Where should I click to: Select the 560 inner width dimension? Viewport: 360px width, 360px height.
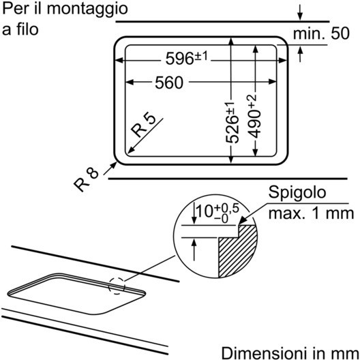coord(169,82)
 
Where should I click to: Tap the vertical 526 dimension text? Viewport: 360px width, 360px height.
coord(232,123)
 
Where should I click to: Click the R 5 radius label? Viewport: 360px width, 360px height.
coord(143,125)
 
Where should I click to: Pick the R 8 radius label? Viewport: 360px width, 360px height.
coord(86,180)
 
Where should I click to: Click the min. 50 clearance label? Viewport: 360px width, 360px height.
coord(321,33)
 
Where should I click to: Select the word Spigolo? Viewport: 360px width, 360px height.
coord(297,192)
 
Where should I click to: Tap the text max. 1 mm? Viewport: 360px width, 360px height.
coord(311,213)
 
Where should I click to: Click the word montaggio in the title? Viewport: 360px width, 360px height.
coord(87,10)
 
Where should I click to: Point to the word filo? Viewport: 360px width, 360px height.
coord(27,29)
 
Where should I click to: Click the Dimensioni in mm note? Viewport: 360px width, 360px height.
coord(290,353)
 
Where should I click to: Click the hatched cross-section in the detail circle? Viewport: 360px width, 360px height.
coord(237,251)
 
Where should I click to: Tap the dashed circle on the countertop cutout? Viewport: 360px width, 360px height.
coord(117,286)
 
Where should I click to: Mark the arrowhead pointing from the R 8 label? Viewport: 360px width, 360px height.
coord(114,165)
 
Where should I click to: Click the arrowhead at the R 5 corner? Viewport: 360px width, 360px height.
coord(131,150)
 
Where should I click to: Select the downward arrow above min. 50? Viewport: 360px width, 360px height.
coord(300,13)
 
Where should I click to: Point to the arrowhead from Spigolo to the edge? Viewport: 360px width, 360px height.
coord(242,221)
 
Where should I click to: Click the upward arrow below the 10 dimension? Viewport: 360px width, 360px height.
coord(194,250)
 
